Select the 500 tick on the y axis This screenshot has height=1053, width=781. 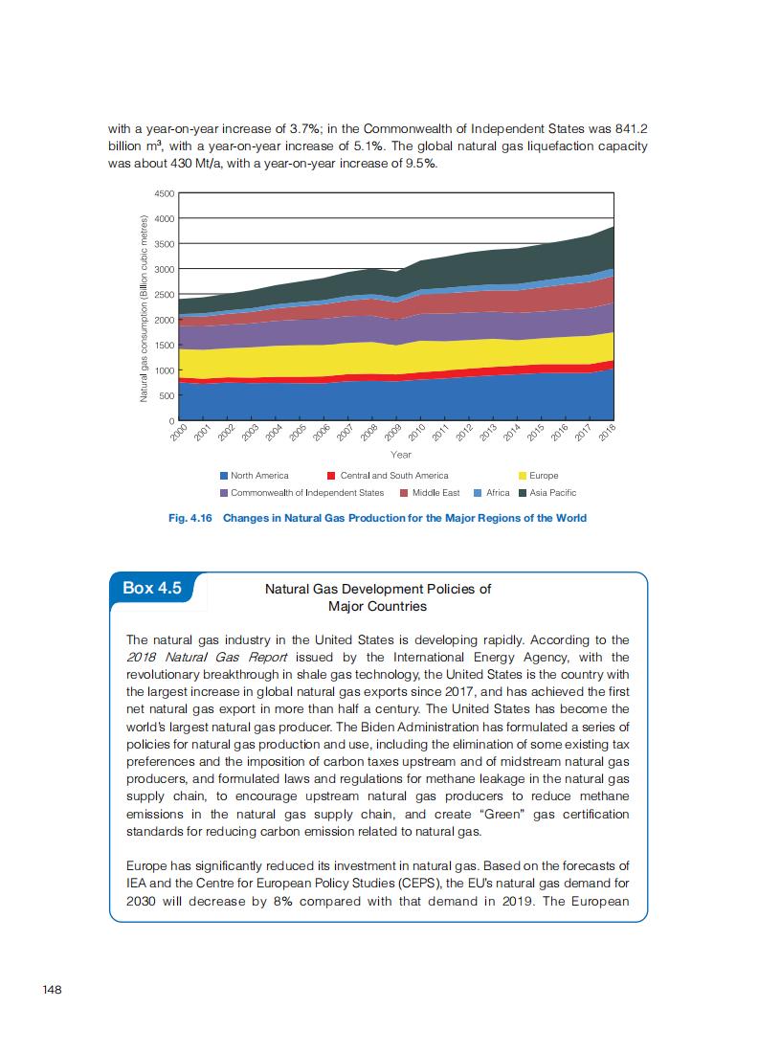(x=167, y=395)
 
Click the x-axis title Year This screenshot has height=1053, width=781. (x=401, y=454)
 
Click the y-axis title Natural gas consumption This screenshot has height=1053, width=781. (x=145, y=306)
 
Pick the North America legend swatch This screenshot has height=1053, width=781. (x=224, y=476)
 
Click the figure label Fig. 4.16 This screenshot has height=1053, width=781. (x=190, y=518)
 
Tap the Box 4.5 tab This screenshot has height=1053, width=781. (x=152, y=588)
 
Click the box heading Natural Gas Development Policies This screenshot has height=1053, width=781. (x=377, y=589)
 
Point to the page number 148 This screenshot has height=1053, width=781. (x=52, y=989)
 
